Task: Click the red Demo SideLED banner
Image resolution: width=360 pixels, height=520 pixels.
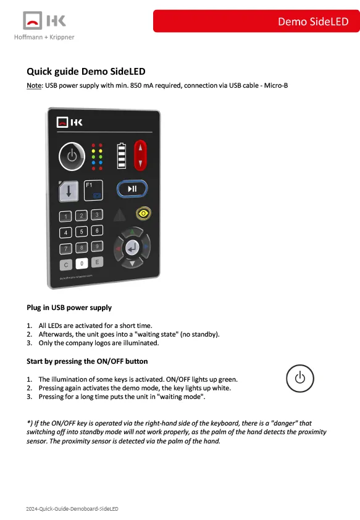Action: [256, 21]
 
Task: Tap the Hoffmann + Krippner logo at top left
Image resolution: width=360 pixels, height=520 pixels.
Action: [44, 26]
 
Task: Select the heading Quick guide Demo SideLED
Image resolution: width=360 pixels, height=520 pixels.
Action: [86, 71]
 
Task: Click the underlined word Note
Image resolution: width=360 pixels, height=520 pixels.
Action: [34, 85]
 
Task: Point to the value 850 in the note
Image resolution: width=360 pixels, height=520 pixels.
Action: [136, 85]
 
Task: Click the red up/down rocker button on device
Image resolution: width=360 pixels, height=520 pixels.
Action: [140, 155]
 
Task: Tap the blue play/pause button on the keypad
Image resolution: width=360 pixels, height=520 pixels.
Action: [132, 189]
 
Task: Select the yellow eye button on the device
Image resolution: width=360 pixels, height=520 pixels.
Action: [143, 213]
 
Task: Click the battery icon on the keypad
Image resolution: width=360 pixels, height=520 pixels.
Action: [122, 156]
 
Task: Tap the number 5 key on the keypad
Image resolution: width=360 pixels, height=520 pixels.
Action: [82, 232]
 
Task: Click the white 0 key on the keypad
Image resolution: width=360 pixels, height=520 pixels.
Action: [82, 264]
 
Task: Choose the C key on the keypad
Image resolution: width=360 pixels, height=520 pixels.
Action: [65, 265]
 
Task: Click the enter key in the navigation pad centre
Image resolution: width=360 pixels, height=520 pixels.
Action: [132, 248]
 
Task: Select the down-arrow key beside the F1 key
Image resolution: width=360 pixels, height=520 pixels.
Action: [69, 191]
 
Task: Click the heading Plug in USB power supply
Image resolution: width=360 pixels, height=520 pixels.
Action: [69, 308]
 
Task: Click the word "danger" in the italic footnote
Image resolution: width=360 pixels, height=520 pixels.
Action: [284, 423]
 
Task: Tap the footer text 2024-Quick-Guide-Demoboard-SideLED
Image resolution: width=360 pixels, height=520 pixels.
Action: [72, 509]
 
